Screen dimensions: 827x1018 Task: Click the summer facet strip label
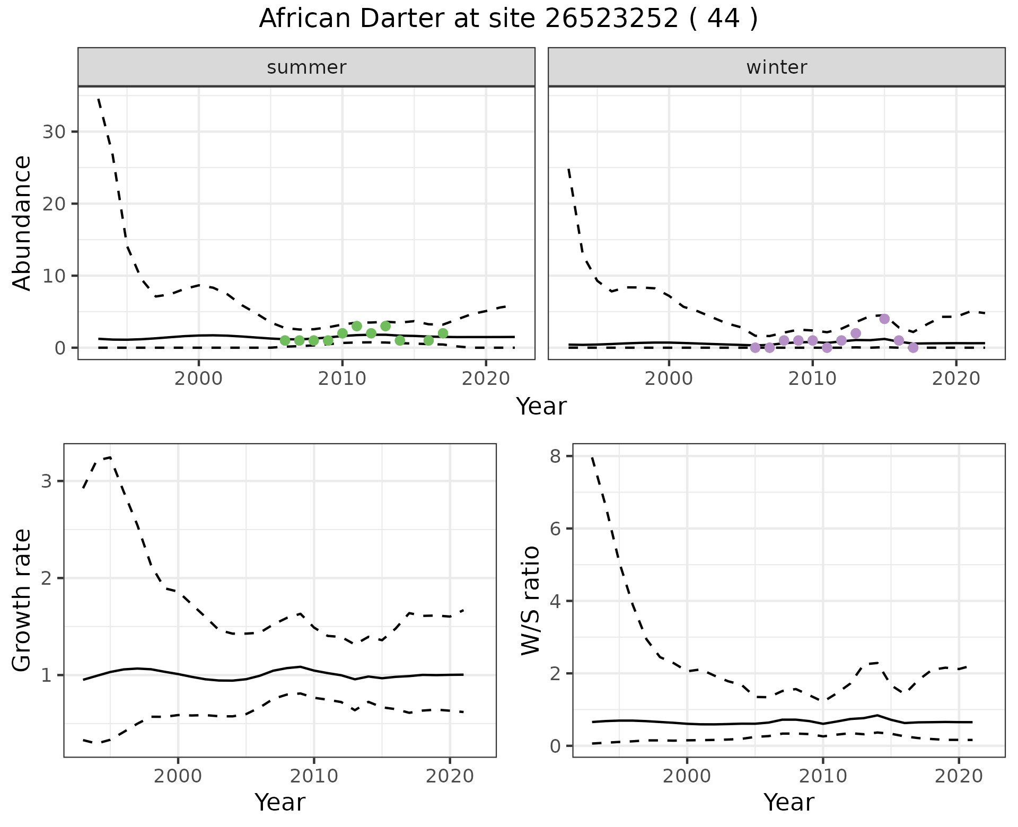click(306, 67)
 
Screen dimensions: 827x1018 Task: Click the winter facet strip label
click(776, 67)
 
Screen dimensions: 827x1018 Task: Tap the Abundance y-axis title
click(22, 223)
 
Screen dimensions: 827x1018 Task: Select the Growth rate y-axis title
click(22, 600)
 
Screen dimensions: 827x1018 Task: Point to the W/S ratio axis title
click(530, 600)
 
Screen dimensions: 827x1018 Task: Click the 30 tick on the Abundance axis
click(54, 131)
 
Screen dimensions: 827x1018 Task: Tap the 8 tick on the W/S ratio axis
click(555, 456)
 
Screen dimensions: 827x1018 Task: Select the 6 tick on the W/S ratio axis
click(555, 529)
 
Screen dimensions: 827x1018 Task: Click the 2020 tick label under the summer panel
click(486, 379)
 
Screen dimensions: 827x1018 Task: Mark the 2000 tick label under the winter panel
click(669, 379)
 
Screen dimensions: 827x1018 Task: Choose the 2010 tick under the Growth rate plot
click(314, 777)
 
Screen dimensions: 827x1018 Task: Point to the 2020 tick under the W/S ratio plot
click(959, 777)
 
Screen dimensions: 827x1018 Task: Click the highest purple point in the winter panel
click(884, 319)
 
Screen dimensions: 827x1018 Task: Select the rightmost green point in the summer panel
click(443, 333)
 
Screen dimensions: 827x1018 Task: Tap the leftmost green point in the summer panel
click(285, 340)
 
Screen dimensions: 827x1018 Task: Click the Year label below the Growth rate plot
click(280, 802)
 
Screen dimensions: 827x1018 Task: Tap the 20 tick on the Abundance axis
click(54, 204)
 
